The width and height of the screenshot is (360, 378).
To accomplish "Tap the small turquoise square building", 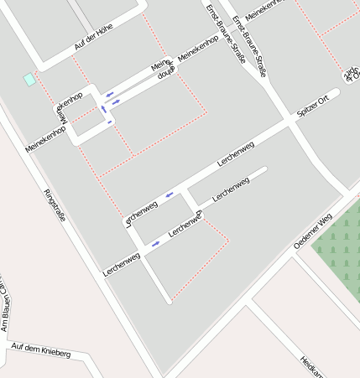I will point(29,79).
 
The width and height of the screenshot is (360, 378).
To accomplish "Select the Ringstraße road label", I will point(55,209).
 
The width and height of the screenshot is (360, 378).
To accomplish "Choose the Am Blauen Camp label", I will point(4,306).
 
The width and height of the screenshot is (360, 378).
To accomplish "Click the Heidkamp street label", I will point(313,367).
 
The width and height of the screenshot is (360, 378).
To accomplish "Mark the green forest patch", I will point(339,246).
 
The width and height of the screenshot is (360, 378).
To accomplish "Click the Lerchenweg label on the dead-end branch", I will point(232,189).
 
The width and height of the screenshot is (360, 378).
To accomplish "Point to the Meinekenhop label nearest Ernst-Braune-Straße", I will point(198,49).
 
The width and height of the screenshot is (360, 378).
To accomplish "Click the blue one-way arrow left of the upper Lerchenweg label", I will point(170,194).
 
